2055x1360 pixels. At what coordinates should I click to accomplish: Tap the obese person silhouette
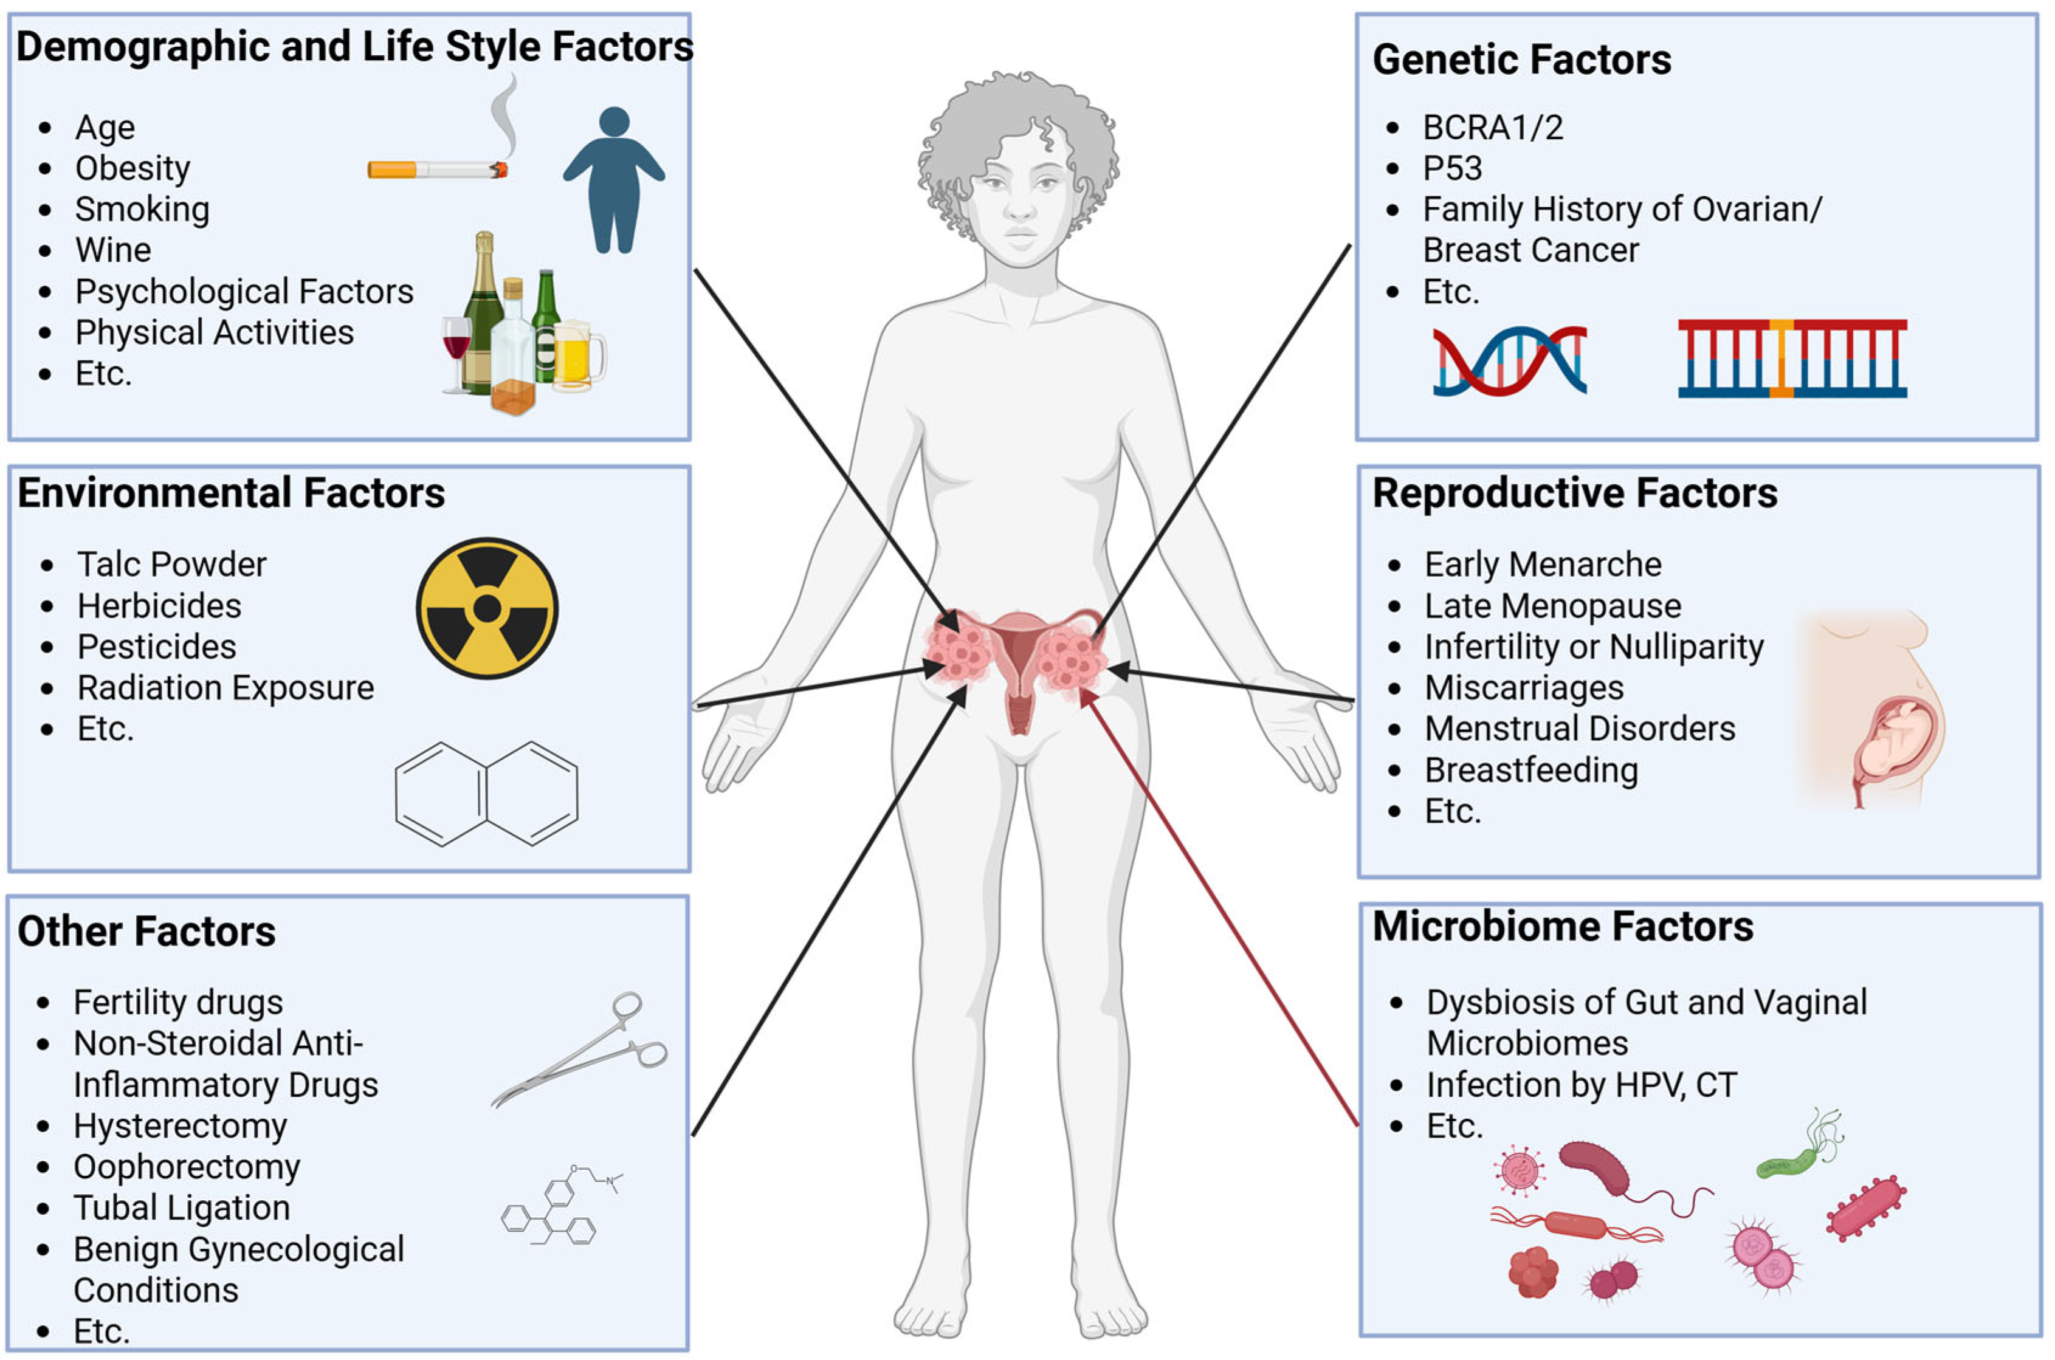[614, 180]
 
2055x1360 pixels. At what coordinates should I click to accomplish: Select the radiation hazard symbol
[487, 608]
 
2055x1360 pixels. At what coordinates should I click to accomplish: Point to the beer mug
[576, 355]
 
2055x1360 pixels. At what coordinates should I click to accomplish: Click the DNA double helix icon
[1509, 360]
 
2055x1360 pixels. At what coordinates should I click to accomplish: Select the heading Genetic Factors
[1521, 60]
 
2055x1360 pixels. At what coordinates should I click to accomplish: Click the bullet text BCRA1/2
[1493, 128]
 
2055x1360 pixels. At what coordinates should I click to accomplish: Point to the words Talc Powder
[172, 565]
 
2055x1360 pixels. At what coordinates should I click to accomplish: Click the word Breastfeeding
[1531, 770]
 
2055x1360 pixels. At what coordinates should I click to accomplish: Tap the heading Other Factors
[146, 932]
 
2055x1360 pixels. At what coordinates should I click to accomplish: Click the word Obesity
[133, 168]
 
